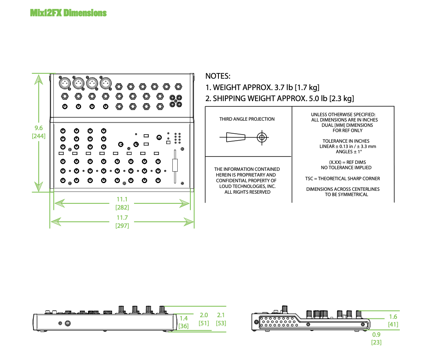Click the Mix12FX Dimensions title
click(68, 13)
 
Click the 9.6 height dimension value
click(39, 128)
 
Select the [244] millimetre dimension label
click(39, 136)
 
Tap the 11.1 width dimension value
click(122, 199)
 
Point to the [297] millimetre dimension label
click(122, 225)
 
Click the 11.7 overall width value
click(122, 218)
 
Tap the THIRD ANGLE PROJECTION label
click(247, 119)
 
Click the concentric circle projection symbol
click(262, 137)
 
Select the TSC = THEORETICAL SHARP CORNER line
click(343, 179)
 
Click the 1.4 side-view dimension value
click(183, 318)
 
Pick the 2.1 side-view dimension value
click(221, 315)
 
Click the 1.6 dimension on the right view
click(393, 317)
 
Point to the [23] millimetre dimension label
click(376, 342)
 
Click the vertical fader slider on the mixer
click(175, 165)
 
